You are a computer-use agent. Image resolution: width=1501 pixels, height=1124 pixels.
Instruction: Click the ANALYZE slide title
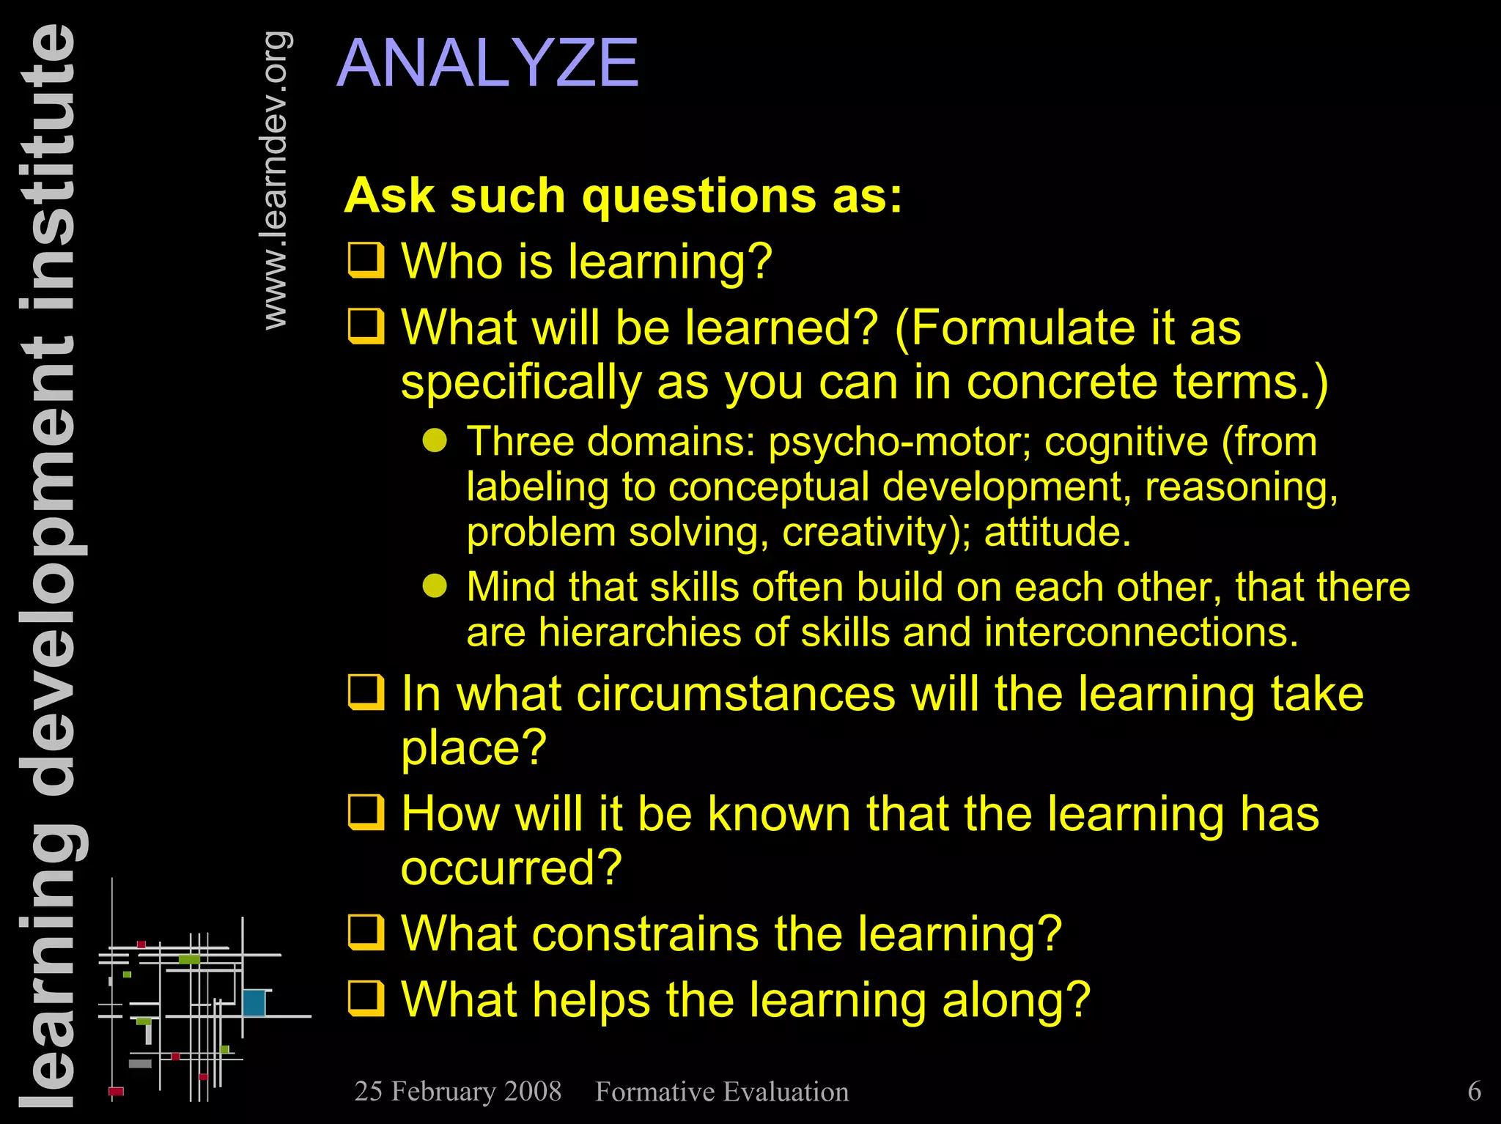coord(487,64)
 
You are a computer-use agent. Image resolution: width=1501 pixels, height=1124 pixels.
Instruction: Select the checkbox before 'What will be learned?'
coord(366,326)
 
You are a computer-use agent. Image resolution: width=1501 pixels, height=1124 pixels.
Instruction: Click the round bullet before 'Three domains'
coord(435,440)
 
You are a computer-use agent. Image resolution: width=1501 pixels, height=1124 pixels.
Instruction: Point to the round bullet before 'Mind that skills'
coord(435,585)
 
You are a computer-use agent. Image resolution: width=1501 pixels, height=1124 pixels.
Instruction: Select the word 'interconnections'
coord(1140,632)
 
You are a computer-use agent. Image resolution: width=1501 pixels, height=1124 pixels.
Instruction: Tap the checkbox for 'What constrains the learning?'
coord(366,931)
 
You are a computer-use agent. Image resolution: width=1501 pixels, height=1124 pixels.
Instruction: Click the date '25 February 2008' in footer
coord(457,1091)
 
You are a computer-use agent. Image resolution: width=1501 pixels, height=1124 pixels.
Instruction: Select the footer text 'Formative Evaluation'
coord(721,1092)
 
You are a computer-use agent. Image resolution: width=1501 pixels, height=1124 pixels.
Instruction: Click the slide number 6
coord(1474,1091)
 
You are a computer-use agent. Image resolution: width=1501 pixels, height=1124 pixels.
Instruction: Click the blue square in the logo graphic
coord(254,1002)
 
